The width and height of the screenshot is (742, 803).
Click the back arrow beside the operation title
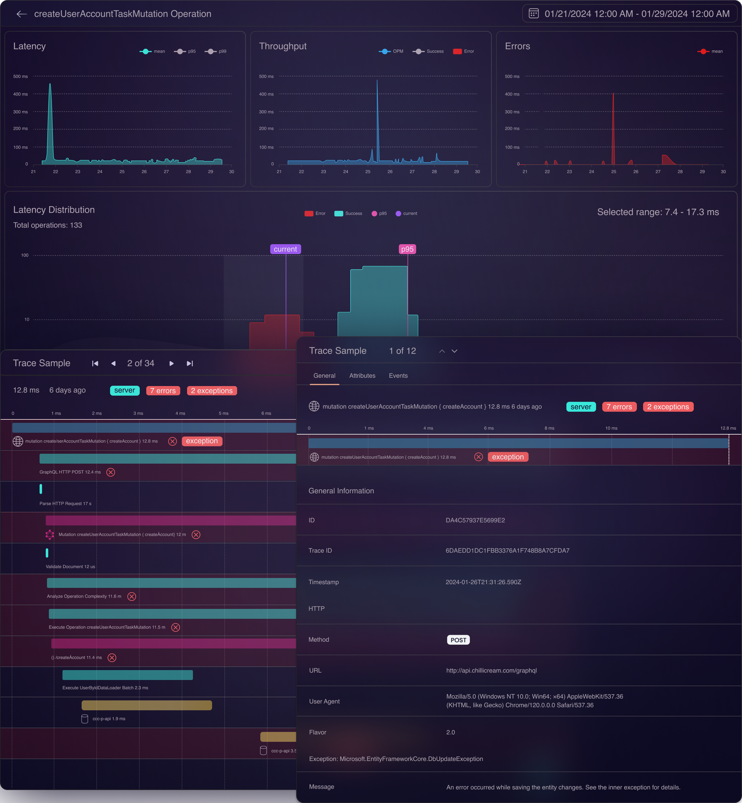coord(22,14)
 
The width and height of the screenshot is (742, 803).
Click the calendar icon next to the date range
coord(533,14)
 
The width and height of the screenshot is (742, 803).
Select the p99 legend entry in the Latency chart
coord(215,51)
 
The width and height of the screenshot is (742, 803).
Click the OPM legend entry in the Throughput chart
coord(391,51)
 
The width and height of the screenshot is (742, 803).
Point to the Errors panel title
coord(517,46)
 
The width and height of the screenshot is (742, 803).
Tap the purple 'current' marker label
coord(285,249)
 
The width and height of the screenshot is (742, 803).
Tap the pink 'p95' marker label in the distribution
coord(407,249)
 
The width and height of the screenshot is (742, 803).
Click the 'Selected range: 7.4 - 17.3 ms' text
coord(658,212)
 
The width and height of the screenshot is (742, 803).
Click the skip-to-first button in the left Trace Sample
coord(95,363)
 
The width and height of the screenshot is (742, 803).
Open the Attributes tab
coord(362,376)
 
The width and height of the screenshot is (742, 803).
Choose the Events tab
coord(398,376)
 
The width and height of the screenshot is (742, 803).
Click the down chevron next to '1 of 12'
coord(454,351)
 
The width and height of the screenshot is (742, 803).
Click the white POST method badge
coord(458,640)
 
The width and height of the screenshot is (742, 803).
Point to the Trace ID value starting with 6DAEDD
coord(507,550)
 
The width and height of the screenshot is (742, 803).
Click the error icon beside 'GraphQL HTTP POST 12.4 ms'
coord(111,472)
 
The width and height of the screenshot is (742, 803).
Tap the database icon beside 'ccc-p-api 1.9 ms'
coord(85,719)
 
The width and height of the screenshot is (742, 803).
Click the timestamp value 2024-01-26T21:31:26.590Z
coord(483,582)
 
